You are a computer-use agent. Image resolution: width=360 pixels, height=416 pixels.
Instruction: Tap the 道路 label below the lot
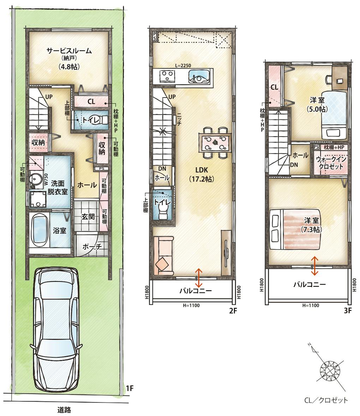pos(64,410)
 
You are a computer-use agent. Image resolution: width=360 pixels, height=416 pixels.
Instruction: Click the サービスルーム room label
pos(69,50)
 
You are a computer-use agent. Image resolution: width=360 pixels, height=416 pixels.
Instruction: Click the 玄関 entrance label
pos(88,216)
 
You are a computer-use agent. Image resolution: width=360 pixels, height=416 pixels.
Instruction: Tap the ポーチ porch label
pos(92,247)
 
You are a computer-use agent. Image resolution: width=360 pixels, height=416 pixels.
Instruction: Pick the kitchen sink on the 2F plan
pos(199,77)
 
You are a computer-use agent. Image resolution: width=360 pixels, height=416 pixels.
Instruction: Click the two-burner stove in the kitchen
pos(167,77)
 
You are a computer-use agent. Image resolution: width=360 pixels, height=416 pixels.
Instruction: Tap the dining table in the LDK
pos(215,142)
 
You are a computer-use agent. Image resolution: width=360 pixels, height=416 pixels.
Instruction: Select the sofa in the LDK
pos(163,255)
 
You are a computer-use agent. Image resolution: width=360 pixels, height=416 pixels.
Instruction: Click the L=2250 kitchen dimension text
pos(183,66)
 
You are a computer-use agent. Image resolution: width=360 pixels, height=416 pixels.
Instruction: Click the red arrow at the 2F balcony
pos(199,278)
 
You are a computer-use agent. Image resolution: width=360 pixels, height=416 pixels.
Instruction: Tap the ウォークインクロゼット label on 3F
pos(331,163)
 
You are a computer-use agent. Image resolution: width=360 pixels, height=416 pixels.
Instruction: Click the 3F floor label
pos(348,310)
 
